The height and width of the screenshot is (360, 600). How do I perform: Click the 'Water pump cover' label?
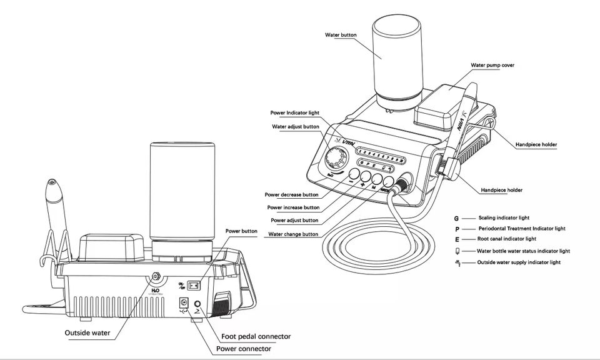[x=492, y=65]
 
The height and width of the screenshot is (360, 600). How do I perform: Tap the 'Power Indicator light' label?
[x=294, y=113]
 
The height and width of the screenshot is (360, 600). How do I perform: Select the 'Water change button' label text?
[x=293, y=234]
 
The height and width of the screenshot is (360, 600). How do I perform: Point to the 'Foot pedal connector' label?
[x=257, y=337]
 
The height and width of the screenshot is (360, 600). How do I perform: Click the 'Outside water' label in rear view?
[x=87, y=332]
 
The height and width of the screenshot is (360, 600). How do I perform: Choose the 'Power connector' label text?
[x=244, y=348]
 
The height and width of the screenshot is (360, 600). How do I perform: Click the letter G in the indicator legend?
[x=457, y=218]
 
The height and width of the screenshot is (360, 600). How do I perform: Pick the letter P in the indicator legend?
[x=457, y=229]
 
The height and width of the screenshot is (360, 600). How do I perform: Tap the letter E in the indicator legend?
[x=457, y=239]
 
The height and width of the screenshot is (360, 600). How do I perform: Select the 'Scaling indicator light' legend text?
[x=504, y=218]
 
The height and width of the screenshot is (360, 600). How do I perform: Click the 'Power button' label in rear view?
[x=241, y=231]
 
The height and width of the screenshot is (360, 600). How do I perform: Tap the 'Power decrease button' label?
[x=292, y=194]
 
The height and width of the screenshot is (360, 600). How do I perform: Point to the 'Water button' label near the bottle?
[x=341, y=35]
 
